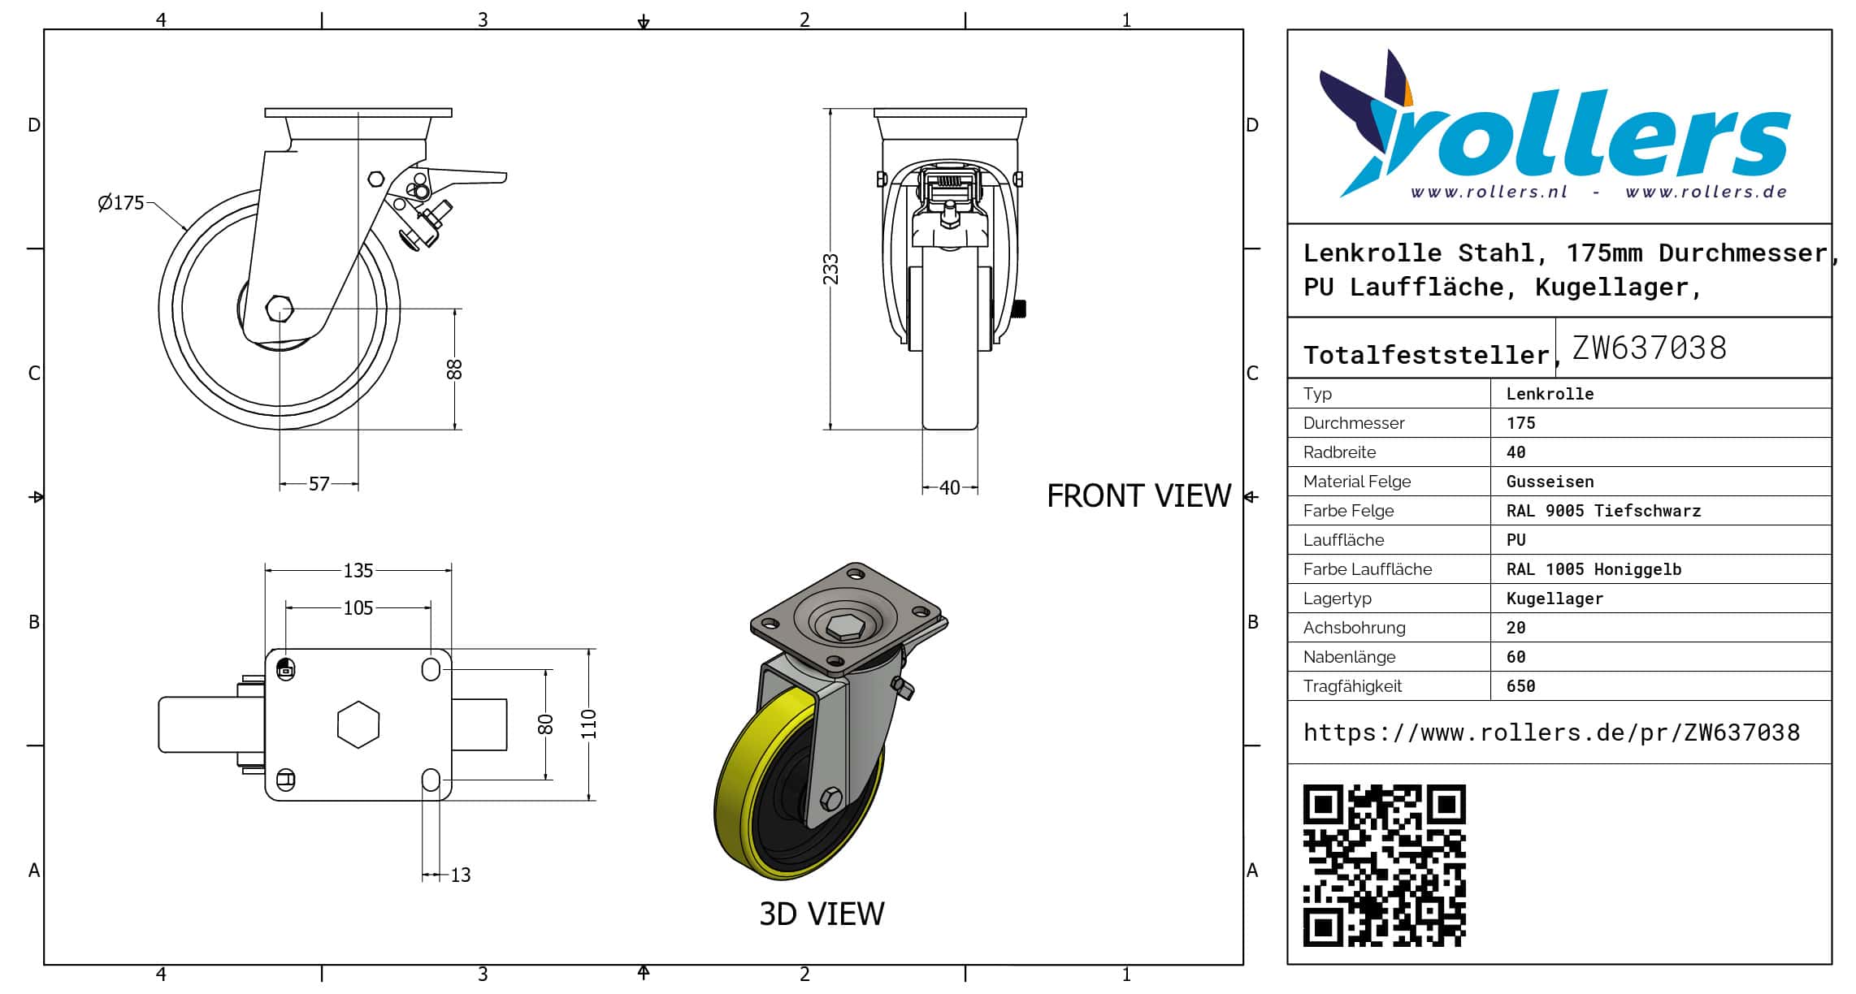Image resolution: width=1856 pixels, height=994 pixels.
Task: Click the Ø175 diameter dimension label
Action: click(x=121, y=203)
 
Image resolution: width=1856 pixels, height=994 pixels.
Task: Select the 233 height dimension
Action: click(x=830, y=269)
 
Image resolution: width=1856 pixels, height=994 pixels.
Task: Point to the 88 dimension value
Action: click(x=454, y=370)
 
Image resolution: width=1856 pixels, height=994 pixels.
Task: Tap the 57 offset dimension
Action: click(x=319, y=485)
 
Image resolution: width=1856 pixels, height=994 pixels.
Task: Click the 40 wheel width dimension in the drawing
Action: click(x=949, y=488)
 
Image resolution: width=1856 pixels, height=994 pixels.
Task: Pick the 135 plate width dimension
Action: click(x=358, y=571)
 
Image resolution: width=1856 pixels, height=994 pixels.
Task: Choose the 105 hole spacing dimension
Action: click(x=358, y=608)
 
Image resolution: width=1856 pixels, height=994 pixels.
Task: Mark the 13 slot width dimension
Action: click(x=460, y=875)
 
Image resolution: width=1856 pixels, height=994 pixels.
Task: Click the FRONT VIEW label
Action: click(x=1138, y=496)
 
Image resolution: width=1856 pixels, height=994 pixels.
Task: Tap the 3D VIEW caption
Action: click(x=822, y=914)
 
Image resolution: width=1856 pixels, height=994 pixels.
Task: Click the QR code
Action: click(x=1384, y=866)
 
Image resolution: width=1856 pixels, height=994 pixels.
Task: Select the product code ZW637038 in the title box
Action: click(x=1649, y=348)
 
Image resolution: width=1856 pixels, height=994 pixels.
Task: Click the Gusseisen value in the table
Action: click(x=1550, y=482)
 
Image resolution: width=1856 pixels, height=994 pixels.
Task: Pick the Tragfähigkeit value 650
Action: click(x=1520, y=686)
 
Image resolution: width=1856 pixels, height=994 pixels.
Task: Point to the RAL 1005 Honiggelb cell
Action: click(x=1593, y=569)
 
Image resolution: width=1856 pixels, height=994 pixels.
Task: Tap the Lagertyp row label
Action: click(x=1337, y=599)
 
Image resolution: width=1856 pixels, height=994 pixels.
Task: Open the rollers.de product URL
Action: click(x=1551, y=733)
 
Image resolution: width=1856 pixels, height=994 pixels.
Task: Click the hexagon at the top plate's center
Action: click(x=358, y=724)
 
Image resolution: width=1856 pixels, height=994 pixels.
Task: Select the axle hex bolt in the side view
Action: click(x=280, y=309)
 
